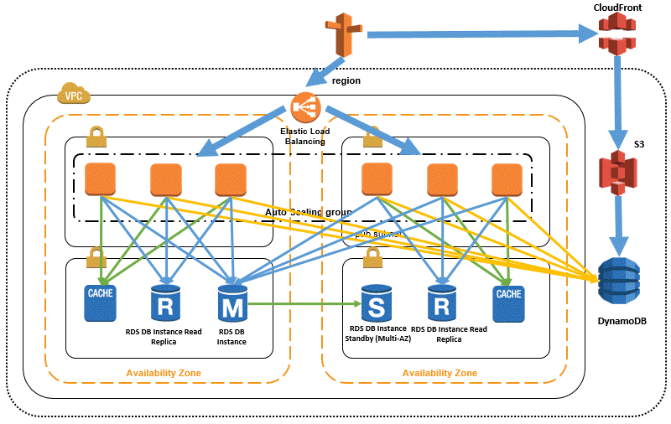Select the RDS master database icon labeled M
[231, 303]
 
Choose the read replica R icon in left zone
[165, 303]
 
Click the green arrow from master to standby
[302, 304]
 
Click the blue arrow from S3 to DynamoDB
[619, 226]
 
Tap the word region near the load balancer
[346, 81]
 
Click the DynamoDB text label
[620, 322]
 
